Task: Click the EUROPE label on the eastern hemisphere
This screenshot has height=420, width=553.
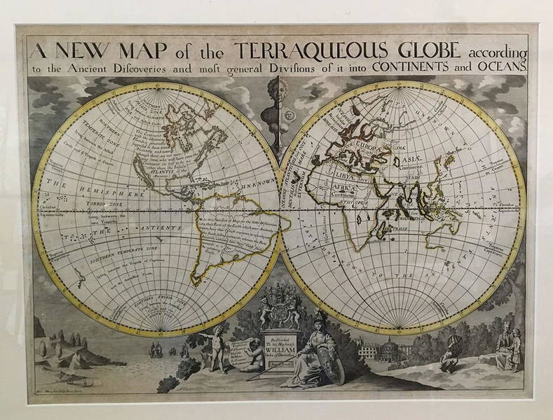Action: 369,147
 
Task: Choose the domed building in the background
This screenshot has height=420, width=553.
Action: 393,350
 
